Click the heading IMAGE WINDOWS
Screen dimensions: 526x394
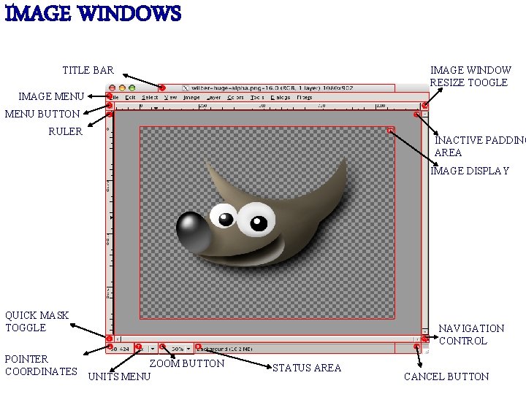pyautogui.click(x=93, y=14)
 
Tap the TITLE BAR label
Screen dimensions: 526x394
pyautogui.click(x=88, y=70)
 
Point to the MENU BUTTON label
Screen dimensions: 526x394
pyautogui.click(x=42, y=114)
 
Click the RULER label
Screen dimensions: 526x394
pyautogui.click(x=65, y=132)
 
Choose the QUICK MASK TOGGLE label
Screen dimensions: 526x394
pyautogui.click(x=37, y=321)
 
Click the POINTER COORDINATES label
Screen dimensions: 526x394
pyautogui.click(x=41, y=365)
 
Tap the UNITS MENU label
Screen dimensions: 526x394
pyautogui.click(x=119, y=376)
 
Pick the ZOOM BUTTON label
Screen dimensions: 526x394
pyautogui.click(x=186, y=363)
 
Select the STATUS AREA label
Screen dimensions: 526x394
pyautogui.click(x=306, y=368)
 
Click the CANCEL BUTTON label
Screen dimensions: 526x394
pyautogui.click(x=446, y=376)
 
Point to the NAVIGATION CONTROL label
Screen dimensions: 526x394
pyautogui.click(x=471, y=334)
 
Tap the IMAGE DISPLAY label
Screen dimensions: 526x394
pyautogui.click(x=470, y=171)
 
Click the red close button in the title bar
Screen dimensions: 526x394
pyautogui.click(x=113, y=88)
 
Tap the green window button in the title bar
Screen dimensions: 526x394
pyautogui.click(x=131, y=88)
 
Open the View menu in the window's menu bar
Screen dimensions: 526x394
pyautogui.click(x=170, y=97)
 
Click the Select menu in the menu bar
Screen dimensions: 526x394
pyautogui.click(x=150, y=97)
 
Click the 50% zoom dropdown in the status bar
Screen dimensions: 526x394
pyautogui.click(x=180, y=349)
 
